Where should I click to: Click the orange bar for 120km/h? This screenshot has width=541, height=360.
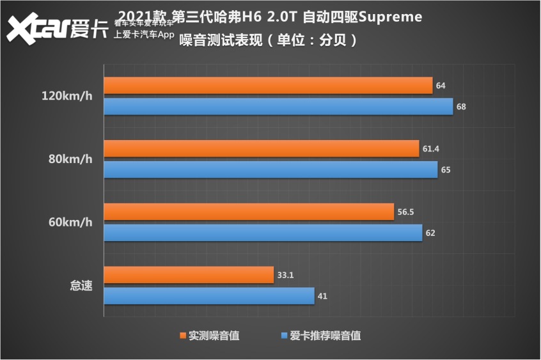pos(268,86)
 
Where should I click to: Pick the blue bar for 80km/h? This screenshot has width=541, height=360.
pos(270,169)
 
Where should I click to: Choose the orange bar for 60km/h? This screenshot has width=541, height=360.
pos(249,212)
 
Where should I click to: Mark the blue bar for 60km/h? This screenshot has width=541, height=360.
pos(263,233)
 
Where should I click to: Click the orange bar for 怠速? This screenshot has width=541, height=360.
pos(189,275)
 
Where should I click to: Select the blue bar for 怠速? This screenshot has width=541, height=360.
pos(209,296)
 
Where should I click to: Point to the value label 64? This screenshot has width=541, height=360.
pos(441,86)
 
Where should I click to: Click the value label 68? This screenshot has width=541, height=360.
pos(461,107)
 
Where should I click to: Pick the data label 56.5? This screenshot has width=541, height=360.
pos(405,212)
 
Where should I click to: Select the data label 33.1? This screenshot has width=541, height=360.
pos(285,276)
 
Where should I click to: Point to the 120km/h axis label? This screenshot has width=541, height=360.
pos(67,97)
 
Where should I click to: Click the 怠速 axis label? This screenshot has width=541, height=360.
pos(81,286)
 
